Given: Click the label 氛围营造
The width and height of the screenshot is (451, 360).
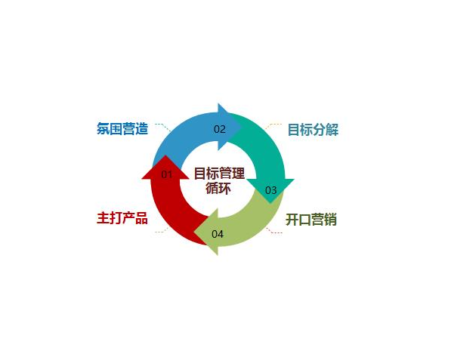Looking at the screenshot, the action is [122, 129].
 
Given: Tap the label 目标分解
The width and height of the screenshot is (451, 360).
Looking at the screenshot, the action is [313, 130].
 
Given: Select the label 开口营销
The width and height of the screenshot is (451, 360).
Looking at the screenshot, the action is [311, 220].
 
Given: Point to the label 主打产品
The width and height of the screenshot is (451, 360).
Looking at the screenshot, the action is [122, 218].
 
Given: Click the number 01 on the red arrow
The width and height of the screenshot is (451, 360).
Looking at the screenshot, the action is [166, 174].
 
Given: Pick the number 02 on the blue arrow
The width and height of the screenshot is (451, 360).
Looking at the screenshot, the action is [220, 129].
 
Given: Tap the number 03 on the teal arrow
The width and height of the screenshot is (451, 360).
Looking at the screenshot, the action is [270, 190].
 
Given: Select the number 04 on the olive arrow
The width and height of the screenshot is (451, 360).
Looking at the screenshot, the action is [218, 234].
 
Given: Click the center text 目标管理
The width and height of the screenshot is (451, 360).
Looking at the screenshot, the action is [219, 174].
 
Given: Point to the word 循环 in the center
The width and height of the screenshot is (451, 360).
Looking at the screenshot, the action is [218, 189].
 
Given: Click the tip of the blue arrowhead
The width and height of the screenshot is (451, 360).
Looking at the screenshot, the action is [241, 127].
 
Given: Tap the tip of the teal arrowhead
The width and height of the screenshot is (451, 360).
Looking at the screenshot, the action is [270, 203].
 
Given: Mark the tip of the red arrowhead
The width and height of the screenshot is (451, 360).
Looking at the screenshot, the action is [165, 155].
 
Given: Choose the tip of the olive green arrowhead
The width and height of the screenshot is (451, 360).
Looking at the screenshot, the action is [194, 232].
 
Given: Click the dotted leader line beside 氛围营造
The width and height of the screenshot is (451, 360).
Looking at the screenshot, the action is [162, 127].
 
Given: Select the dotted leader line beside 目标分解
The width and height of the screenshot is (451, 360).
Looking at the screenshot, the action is [273, 126].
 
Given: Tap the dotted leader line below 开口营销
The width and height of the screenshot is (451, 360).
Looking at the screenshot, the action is [273, 231].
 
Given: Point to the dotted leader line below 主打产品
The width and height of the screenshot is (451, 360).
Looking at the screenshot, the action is [162, 230].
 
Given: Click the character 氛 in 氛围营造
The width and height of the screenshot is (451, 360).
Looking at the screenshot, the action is [103, 129].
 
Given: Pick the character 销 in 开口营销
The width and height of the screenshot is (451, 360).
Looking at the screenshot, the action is [330, 220].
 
